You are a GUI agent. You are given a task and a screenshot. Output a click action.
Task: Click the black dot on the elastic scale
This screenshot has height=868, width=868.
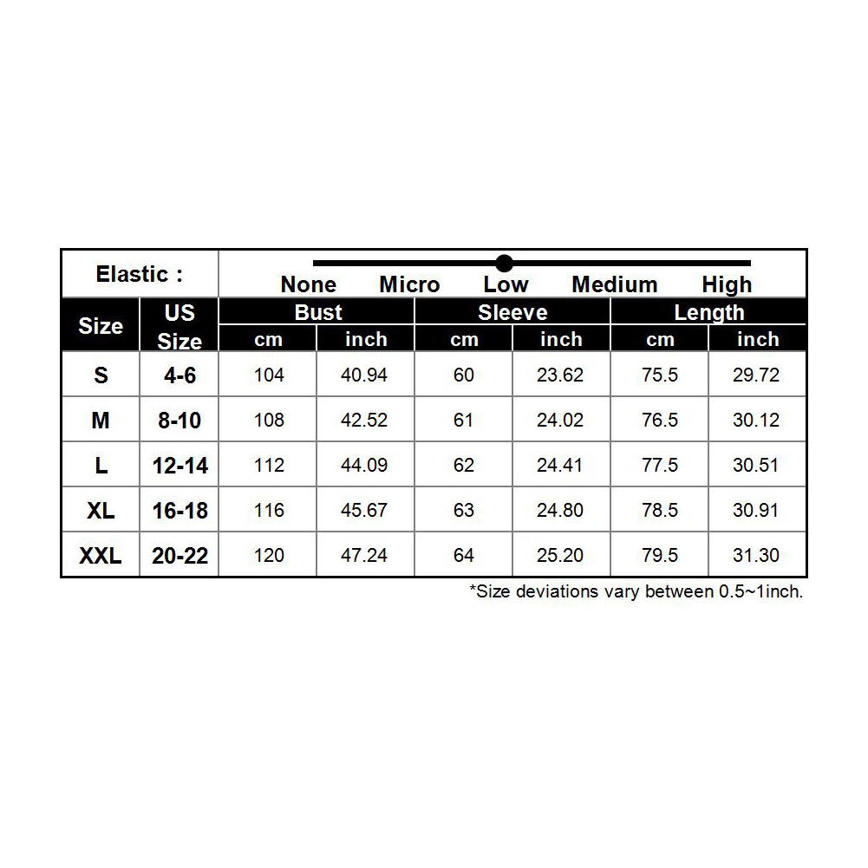(505, 263)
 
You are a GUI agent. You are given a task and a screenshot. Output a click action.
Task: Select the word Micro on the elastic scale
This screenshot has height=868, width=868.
(409, 285)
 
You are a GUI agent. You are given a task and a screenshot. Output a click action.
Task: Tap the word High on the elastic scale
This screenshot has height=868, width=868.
(727, 285)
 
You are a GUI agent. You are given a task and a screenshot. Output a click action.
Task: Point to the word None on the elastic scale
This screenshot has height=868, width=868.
(308, 285)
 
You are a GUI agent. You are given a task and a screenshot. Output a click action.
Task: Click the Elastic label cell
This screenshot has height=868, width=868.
(140, 275)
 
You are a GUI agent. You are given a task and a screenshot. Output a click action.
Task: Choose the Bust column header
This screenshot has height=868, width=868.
(318, 312)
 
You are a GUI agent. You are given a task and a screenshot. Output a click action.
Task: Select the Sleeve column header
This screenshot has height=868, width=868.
(512, 312)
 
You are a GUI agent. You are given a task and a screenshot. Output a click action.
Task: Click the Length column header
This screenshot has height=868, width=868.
(709, 312)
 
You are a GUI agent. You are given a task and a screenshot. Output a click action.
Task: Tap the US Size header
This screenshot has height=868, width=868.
(179, 326)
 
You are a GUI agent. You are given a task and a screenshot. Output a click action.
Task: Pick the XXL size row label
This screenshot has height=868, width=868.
(101, 556)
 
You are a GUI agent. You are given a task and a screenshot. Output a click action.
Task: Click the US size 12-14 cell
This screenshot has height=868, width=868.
(180, 466)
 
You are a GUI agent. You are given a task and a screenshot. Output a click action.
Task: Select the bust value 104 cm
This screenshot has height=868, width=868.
(269, 375)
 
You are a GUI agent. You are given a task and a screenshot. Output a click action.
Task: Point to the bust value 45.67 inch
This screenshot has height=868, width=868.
(364, 511)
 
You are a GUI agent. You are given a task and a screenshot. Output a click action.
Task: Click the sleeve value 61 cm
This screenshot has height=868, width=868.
(464, 421)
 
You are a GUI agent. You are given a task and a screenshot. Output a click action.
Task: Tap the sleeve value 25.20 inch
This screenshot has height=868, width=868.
(560, 556)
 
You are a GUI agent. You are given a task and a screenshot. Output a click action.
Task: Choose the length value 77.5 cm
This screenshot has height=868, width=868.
(660, 466)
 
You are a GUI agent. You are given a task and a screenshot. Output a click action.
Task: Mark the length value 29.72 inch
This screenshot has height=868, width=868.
(756, 375)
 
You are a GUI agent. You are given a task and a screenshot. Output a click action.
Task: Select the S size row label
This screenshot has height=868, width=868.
(101, 375)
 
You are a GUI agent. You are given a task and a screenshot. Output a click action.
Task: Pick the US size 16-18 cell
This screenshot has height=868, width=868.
(180, 511)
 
